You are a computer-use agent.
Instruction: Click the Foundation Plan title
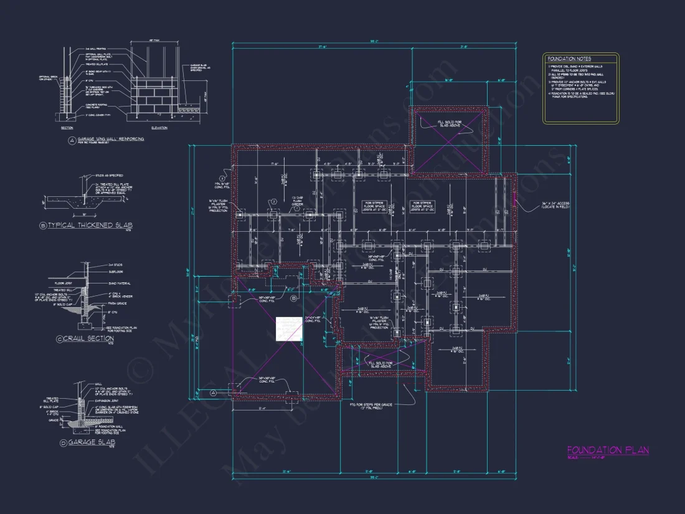(608, 450)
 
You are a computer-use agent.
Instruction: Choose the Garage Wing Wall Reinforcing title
(109, 139)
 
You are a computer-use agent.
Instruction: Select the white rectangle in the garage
(290, 328)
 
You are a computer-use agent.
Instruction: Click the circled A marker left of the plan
(213, 393)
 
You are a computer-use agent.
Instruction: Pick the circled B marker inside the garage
(294, 299)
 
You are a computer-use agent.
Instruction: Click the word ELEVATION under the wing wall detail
(159, 128)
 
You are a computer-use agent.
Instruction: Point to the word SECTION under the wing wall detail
(67, 128)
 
